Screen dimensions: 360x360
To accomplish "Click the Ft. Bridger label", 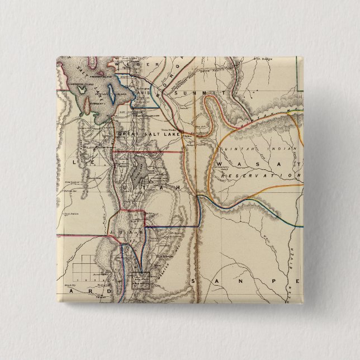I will coord(260,58).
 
